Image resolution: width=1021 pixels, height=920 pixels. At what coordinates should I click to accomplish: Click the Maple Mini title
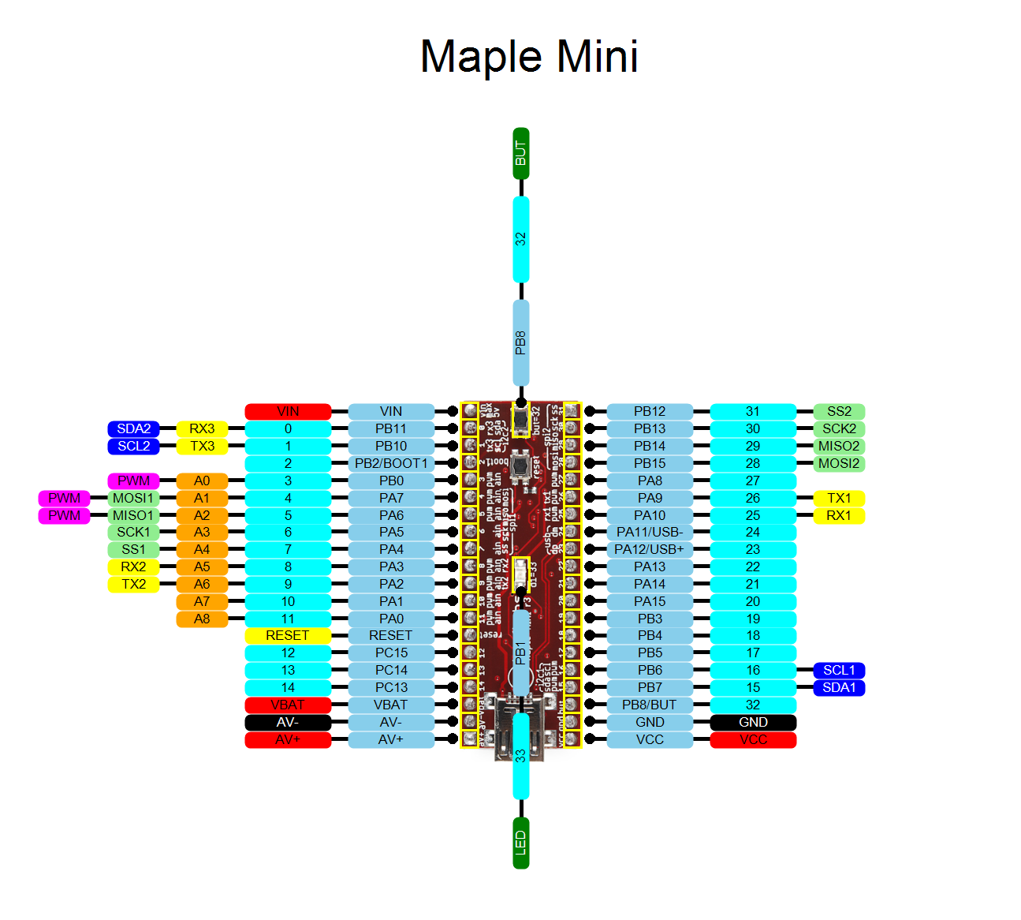coord(529,57)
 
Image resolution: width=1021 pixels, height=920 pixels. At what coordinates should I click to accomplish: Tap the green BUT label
coord(520,153)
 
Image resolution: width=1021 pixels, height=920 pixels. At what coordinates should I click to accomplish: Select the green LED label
coord(520,843)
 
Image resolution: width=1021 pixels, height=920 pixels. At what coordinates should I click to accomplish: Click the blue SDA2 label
coord(133,428)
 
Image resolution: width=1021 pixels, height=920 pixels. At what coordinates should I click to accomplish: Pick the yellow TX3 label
coord(202,446)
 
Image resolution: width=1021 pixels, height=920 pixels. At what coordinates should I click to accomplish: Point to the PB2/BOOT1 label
coord(391,463)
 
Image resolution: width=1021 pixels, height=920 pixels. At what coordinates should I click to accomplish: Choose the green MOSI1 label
coord(133,498)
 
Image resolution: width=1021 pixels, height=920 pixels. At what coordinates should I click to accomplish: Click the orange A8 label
coord(202,619)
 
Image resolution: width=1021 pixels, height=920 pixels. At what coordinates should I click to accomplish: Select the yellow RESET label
coord(288,635)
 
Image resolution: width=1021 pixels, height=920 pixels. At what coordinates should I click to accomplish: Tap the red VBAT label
coord(288,705)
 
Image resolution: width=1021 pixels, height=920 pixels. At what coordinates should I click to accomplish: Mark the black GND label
coord(753,722)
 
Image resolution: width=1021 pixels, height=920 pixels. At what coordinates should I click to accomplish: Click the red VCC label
coord(753,739)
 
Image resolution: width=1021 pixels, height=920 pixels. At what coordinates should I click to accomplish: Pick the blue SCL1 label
coord(839,670)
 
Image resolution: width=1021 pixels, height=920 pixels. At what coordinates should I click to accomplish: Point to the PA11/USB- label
coord(650,532)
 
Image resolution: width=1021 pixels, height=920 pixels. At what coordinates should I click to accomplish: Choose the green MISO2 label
coord(839,446)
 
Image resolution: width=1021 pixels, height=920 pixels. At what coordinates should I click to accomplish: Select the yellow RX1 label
coord(839,515)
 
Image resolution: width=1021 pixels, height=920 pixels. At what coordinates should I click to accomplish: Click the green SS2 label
coord(839,411)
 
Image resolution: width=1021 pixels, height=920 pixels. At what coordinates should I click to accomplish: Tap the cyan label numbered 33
coord(520,755)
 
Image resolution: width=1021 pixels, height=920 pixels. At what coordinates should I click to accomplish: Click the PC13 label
coord(391,687)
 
